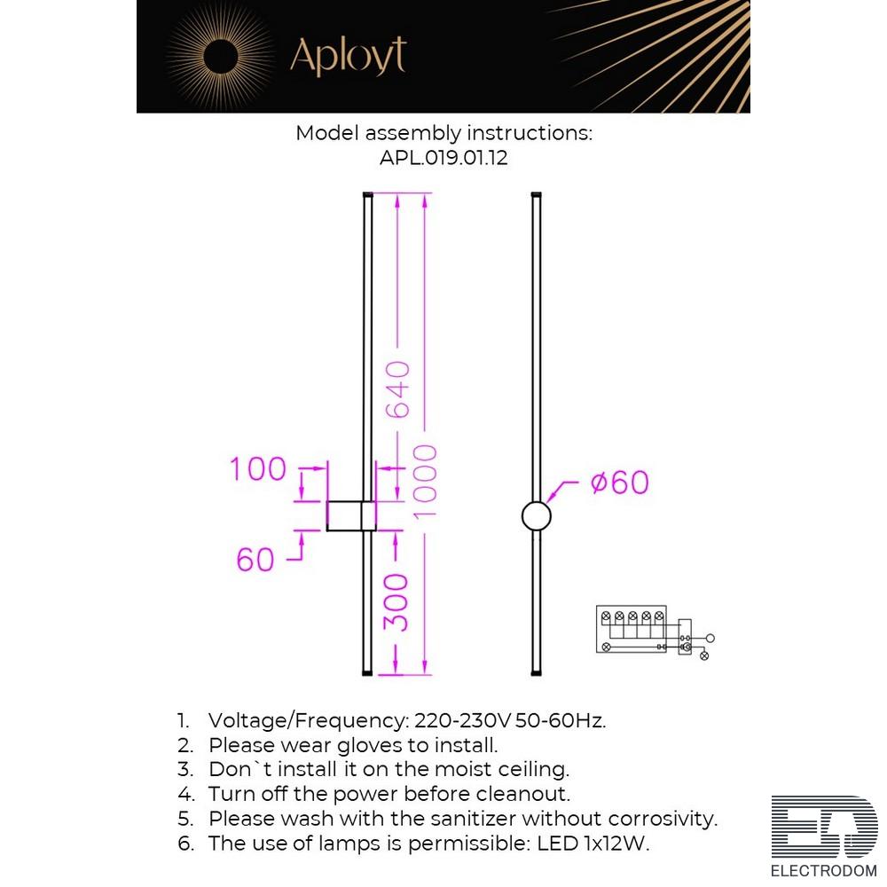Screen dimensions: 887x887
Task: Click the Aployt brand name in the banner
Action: click(x=348, y=56)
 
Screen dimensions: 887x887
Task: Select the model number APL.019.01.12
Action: click(x=443, y=159)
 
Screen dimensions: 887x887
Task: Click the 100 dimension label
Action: click(x=258, y=469)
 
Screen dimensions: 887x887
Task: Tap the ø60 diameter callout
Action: click(x=619, y=483)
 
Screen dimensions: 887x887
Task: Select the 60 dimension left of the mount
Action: click(x=255, y=560)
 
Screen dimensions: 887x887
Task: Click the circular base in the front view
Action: click(x=536, y=515)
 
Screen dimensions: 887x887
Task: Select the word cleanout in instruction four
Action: click(x=523, y=794)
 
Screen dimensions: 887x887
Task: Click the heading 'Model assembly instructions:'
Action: click(x=443, y=133)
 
